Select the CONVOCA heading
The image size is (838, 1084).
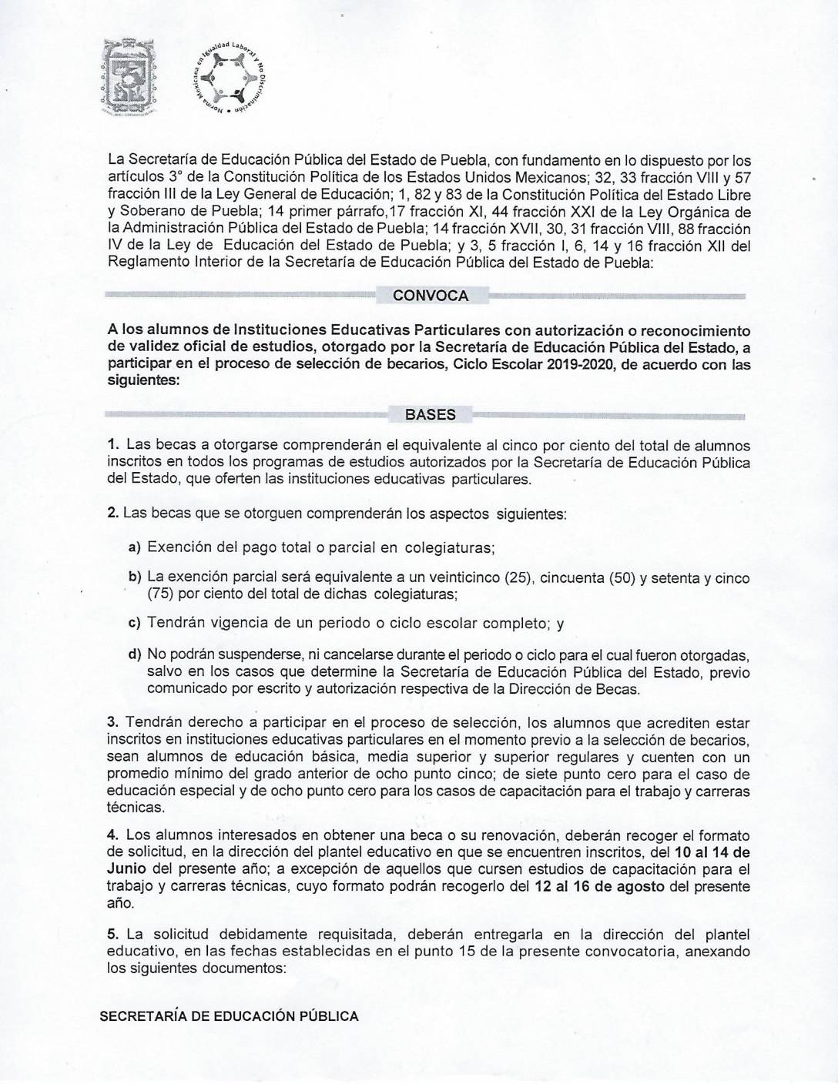tap(430, 296)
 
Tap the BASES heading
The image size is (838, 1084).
tap(430, 414)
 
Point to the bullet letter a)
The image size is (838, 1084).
tap(134, 547)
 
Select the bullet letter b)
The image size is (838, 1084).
tap(134, 577)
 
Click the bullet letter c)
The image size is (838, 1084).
tap(134, 623)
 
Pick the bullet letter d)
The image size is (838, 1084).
tap(134, 654)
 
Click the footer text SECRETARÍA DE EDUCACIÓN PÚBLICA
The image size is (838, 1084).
tap(230, 1016)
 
